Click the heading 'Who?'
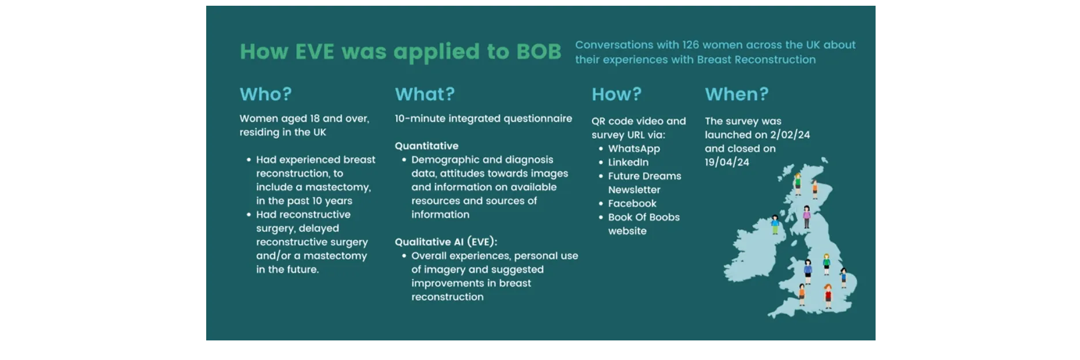pyautogui.click(x=266, y=94)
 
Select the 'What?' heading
pyautogui.click(x=425, y=94)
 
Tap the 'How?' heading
pyautogui.click(x=616, y=94)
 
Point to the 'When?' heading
pyautogui.click(x=737, y=94)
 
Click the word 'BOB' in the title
pyautogui.click(x=538, y=52)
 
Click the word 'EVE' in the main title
pyautogui.click(x=314, y=52)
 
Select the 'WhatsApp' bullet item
pyautogui.click(x=634, y=149)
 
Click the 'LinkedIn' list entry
pyautogui.click(x=628, y=162)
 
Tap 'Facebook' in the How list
pyautogui.click(x=632, y=203)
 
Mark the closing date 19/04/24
pyautogui.click(x=727, y=162)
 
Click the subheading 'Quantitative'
pyautogui.click(x=426, y=146)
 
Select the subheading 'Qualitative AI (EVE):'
pyautogui.click(x=446, y=242)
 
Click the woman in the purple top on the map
pyautogui.click(x=806, y=217)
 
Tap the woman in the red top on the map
pyautogui.click(x=828, y=296)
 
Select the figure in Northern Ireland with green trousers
pyautogui.click(x=775, y=224)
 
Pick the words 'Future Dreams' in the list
pyautogui.click(x=644, y=176)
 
